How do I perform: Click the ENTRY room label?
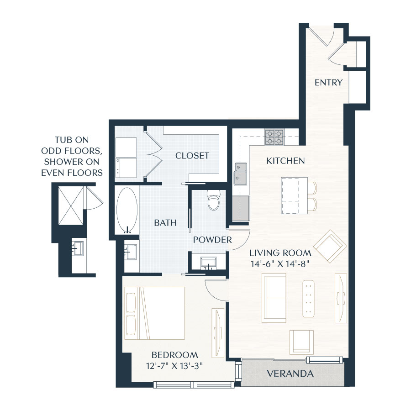328,82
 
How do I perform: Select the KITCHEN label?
285,161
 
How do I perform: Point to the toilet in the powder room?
213,200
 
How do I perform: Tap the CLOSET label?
192,156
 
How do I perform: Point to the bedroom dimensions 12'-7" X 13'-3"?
174,365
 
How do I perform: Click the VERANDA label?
291,374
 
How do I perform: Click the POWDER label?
212,240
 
